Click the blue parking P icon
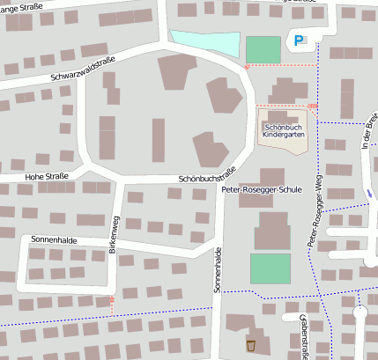[301, 40]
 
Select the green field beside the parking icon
[263, 49]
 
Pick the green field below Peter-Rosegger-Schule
[270, 268]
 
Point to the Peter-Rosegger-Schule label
[262, 189]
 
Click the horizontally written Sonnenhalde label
[53, 239]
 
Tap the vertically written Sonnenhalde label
[217, 270]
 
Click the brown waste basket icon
[251, 344]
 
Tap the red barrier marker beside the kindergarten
[312, 107]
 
